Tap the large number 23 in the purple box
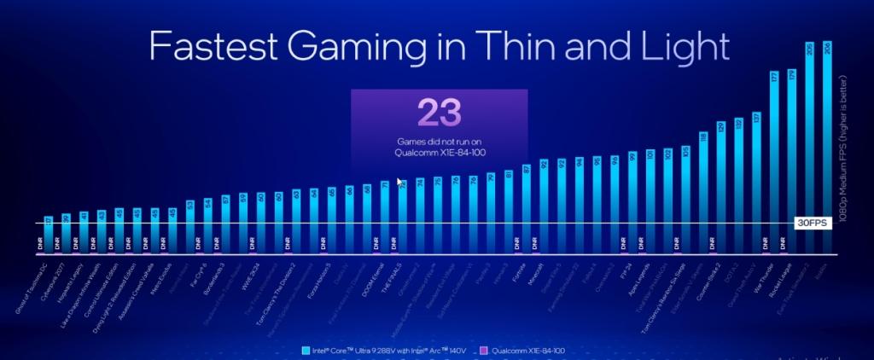pyautogui.click(x=439, y=113)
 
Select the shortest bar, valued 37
pyautogui.click(x=48, y=235)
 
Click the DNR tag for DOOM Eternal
pyautogui.click(x=376, y=244)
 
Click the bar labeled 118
pyautogui.click(x=703, y=192)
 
